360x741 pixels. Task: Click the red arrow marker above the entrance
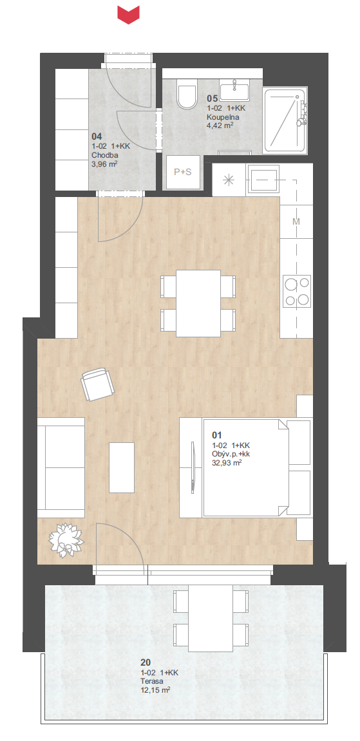pos(129,14)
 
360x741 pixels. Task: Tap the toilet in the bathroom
pos(187,93)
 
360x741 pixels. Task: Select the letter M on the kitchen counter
pos(297,221)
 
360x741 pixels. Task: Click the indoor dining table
pos(198,303)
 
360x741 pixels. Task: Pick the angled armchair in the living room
pos(98,384)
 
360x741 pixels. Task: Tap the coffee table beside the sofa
pos(122,467)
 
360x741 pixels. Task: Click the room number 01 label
pos(217,435)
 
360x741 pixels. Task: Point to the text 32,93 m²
pos(231,464)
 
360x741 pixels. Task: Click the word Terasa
pos(151,681)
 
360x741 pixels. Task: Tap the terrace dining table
pos(211,617)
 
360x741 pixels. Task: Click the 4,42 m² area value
pos(220,126)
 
